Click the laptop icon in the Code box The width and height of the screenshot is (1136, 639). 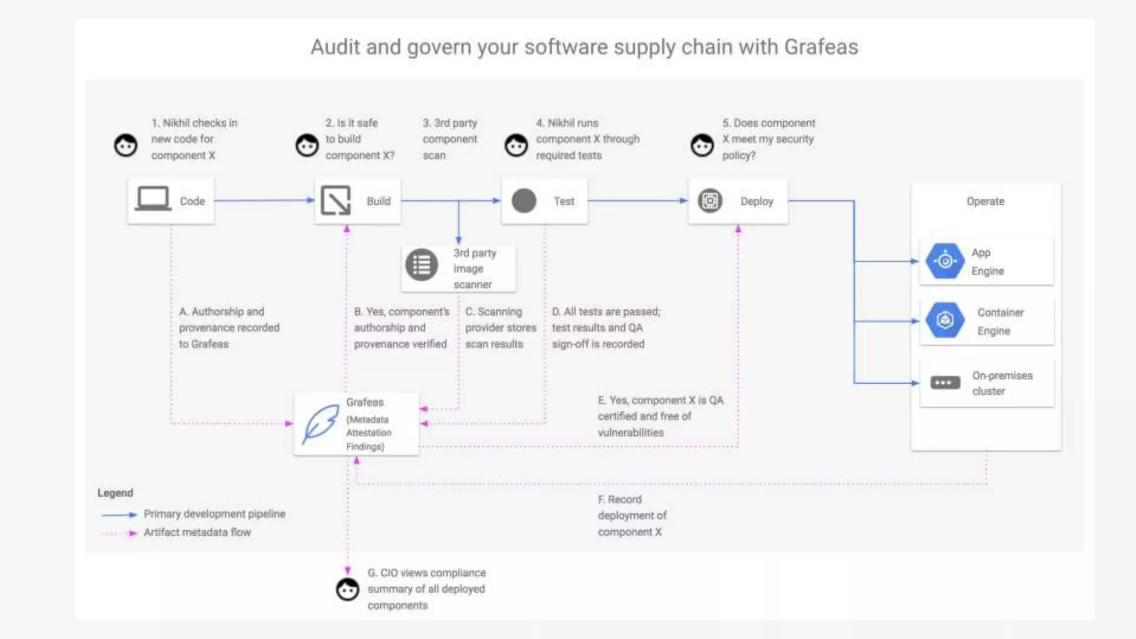pyautogui.click(x=153, y=199)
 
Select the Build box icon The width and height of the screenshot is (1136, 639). pyautogui.click(x=336, y=200)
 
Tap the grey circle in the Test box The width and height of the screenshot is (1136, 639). pyautogui.click(x=524, y=201)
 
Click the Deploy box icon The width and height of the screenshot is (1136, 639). pyautogui.click(x=709, y=201)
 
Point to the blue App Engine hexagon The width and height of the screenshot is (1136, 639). pyautogui.click(x=945, y=261)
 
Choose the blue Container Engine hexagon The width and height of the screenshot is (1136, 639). pyautogui.click(x=945, y=321)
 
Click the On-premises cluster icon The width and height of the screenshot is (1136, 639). pyautogui.click(x=945, y=383)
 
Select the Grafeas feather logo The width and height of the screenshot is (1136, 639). pyautogui.click(x=321, y=424)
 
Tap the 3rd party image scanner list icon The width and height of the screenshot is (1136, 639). pyautogui.click(x=422, y=265)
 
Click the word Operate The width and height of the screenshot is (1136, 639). pyautogui.click(x=985, y=201)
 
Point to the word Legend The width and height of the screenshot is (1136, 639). pyautogui.click(x=115, y=493)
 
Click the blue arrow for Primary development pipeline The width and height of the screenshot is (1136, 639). pyautogui.click(x=119, y=515)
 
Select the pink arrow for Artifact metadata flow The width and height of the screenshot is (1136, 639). pyautogui.click(x=119, y=533)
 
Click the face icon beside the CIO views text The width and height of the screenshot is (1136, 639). pyautogui.click(x=348, y=589)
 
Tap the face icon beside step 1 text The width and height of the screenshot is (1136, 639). pyautogui.click(x=126, y=145)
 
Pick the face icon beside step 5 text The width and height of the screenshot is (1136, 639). pyautogui.click(x=702, y=145)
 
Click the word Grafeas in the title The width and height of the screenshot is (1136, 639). pyautogui.click(x=821, y=47)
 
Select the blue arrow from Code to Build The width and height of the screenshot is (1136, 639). pyautogui.click(x=264, y=200)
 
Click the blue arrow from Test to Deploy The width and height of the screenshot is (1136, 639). pyautogui.click(x=638, y=201)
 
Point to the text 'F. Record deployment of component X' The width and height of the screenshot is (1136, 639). pyautogui.click(x=632, y=515)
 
